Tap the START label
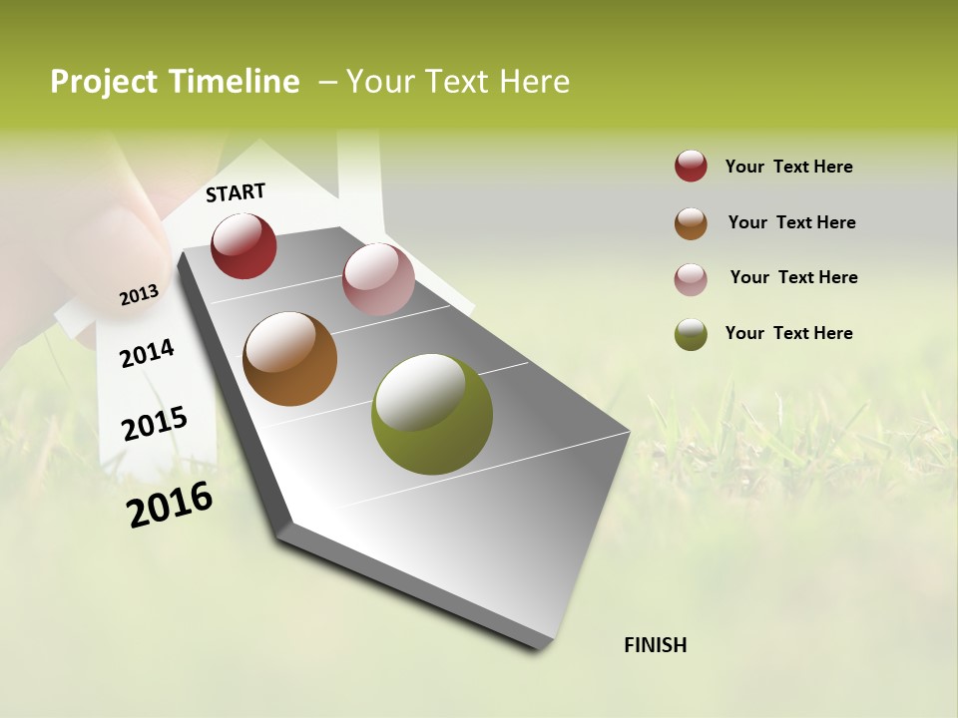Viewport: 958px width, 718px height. tap(236, 192)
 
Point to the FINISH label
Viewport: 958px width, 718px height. tap(656, 645)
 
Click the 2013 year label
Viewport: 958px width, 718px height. tap(139, 294)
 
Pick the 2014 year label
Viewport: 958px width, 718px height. tap(147, 353)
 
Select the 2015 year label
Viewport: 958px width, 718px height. tap(155, 424)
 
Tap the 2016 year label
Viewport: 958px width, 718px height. tap(170, 505)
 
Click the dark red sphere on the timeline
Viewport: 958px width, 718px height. tap(243, 245)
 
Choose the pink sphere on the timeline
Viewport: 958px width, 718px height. tap(378, 279)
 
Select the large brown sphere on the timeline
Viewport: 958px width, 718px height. tap(289, 359)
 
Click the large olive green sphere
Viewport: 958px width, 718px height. tap(432, 414)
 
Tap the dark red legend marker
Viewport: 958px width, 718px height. tap(691, 167)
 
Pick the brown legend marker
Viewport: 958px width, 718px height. tap(691, 222)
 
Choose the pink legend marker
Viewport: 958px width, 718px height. tap(691, 278)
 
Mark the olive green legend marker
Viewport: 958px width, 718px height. tap(691, 333)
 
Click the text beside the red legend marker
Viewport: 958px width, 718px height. tap(788, 167)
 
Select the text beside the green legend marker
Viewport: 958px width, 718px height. tap(788, 333)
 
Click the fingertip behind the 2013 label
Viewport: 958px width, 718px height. tap(135, 249)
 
